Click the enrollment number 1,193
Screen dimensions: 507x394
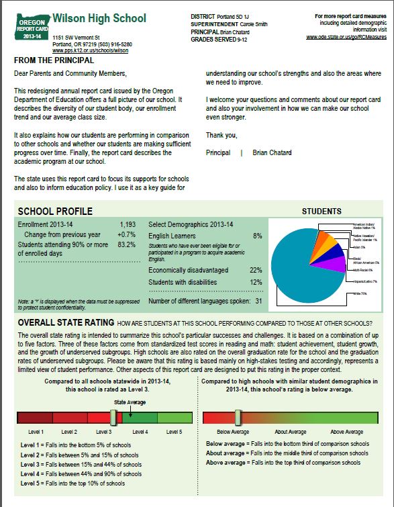click(x=127, y=224)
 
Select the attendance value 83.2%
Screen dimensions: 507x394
click(x=126, y=245)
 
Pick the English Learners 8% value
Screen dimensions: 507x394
click(x=257, y=236)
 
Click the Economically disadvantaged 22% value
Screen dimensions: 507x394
click(x=255, y=269)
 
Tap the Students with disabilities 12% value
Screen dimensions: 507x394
click(x=255, y=282)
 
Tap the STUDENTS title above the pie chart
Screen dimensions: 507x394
click(x=322, y=212)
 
